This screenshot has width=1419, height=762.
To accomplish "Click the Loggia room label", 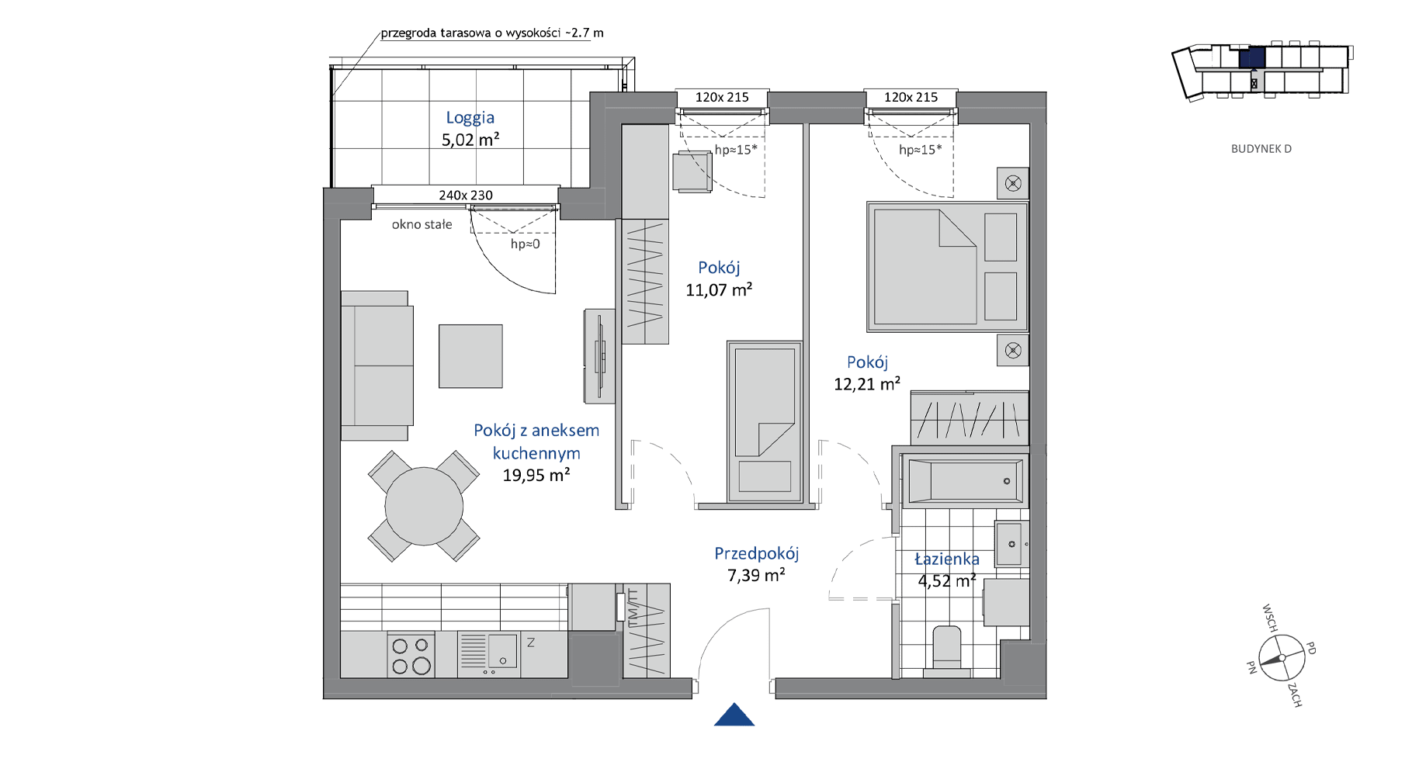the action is pos(470,118).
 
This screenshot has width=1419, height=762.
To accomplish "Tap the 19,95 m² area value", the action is pos(536,475).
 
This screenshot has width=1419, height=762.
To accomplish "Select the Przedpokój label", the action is pos(757,554).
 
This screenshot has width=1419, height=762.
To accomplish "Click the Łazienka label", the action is pos(947,559).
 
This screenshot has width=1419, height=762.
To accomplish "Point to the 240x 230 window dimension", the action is pos(466,195).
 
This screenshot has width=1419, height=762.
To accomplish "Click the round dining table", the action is pos(424,506).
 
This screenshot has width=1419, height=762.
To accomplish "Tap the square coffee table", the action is pos(470,356).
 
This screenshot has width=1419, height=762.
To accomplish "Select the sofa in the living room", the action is pos(376,365).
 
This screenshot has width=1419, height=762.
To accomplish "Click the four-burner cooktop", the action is pos(411,655).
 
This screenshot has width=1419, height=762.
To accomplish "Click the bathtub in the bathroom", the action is pos(965,481).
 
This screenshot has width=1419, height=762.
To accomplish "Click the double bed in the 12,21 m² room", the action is pos(948,267).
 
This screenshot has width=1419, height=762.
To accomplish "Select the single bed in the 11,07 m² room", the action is pos(765,421).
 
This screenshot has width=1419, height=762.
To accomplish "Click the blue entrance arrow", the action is pos(734,715).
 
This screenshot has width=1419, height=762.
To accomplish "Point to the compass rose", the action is pos(1282,657).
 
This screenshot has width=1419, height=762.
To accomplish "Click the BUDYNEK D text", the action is pos(1261,149).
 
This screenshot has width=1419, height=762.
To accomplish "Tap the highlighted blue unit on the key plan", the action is pos(1251,57).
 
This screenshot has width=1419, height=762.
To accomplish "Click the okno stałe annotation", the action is pos(422,225).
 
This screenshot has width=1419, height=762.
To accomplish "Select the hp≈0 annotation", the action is pos(525,244).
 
